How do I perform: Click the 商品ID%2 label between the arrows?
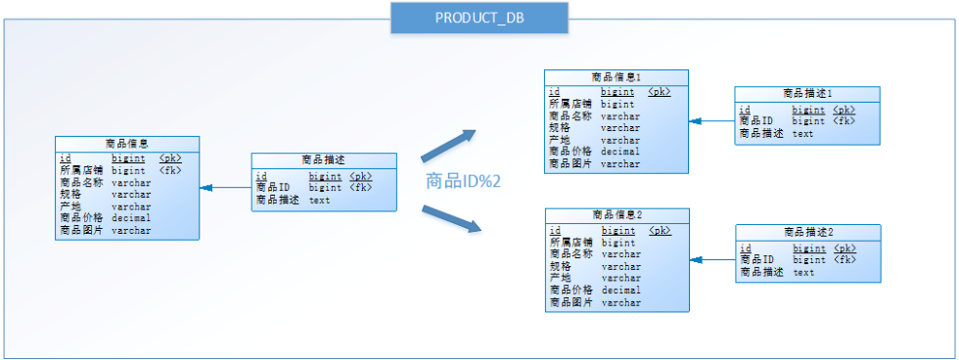click(x=464, y=181)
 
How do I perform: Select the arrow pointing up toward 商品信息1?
click(x=448, y=146)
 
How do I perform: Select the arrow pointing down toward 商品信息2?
click(x=451, y=219)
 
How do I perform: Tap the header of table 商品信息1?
click(x=616, y=77)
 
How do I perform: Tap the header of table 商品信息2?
click(x=617, y=215)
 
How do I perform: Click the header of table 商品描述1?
click(x=807, y=94)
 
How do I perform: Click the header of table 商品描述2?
click(x=808, y=232)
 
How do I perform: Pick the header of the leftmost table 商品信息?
click(x=127, y=144)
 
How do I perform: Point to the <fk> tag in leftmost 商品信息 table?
click(x=170, y=170)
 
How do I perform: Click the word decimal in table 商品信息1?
click(x=620, y=152)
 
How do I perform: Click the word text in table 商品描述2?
click(x=803, y=273)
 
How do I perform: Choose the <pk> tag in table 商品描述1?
click(x=844, y=110)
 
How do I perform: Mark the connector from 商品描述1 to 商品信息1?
click(x=712, y=121)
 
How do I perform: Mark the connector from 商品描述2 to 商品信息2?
click(x=712, y=260)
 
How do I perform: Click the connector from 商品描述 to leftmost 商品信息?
click(x=226, y=188)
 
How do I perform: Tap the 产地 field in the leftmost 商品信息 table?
click(x=70, y=206)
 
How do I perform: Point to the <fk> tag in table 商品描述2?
click(x=845, y=260)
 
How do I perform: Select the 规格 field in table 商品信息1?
click(x=560, y=128)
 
